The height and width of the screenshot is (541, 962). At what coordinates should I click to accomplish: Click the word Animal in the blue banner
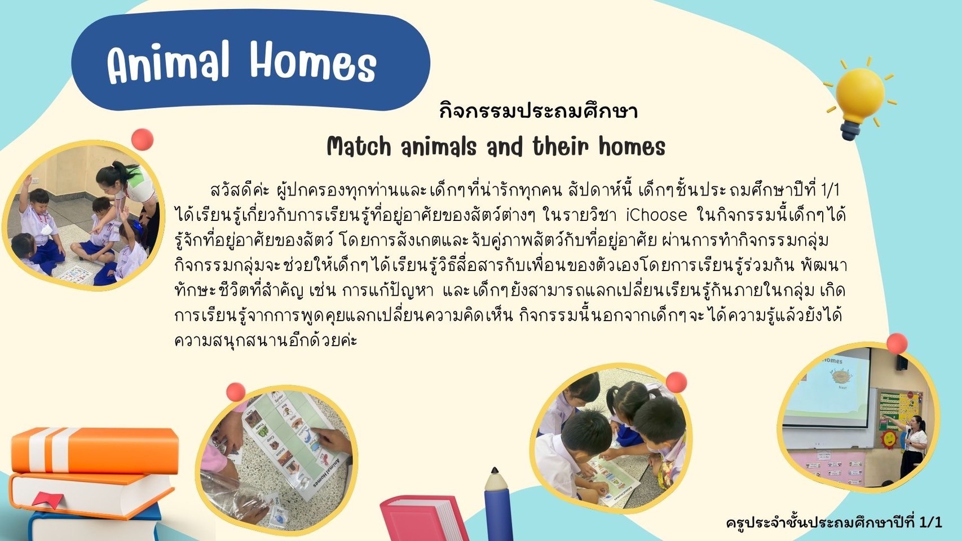(168, 63)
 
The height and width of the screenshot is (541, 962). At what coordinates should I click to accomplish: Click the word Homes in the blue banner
(313, 61)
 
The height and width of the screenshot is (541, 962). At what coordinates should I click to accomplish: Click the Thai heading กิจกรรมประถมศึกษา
(538, 111)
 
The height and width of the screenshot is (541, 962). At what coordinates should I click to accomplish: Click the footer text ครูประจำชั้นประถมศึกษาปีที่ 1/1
(834, 522)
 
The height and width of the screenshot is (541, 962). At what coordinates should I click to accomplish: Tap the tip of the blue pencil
(495, 470)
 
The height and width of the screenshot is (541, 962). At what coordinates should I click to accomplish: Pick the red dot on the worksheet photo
(236, 392)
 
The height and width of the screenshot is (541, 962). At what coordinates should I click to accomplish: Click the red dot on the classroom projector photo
(897, 344)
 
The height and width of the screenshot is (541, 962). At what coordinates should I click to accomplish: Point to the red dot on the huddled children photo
(677, 382)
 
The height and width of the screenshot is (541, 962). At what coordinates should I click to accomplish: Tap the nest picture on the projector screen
(841, 376)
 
